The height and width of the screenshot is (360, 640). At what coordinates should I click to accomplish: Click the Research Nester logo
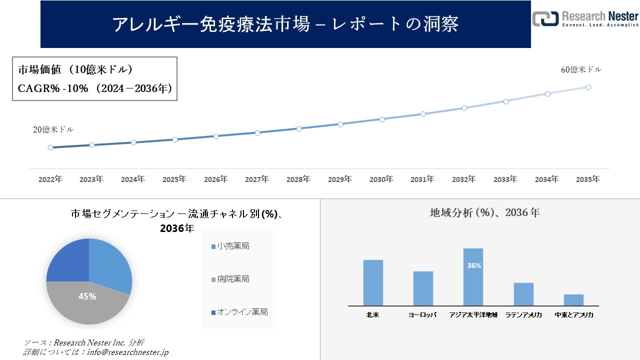click(585, 18)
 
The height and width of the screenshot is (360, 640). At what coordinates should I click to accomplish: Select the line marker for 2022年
click(50, 147)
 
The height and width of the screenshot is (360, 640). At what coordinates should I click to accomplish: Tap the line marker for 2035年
click(588, 87)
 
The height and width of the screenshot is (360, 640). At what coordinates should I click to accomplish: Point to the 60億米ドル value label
click(581, 70)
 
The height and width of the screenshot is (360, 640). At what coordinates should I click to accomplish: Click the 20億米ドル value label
click(53, 129)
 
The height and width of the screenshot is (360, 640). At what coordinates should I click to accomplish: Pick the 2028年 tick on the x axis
click(298, 179)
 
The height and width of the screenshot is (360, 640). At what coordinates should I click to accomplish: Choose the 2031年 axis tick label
click(422, 179)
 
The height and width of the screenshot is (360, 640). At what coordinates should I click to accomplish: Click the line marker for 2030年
click(382, 119)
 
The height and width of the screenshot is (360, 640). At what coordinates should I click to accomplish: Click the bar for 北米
click(373, 282)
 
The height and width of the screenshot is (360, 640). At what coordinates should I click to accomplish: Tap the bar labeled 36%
click(473, 276)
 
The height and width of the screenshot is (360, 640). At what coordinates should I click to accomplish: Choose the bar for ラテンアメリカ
click(523, 294)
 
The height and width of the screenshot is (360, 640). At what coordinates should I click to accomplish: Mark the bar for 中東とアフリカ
click(573, 300)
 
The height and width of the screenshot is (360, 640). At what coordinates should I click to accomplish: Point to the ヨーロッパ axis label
click(422, 315)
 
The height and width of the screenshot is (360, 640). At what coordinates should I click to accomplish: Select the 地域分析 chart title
click(484, 213)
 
